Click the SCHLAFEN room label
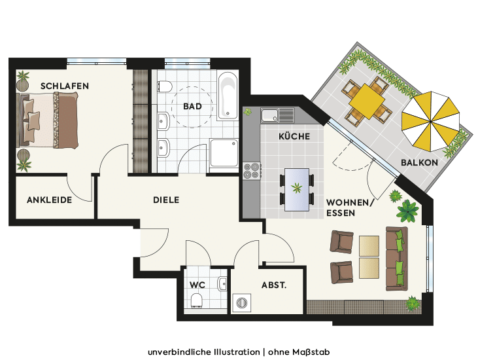65,86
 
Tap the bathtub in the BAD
228,96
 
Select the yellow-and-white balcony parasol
430,121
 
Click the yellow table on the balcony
367,101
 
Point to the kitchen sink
269,115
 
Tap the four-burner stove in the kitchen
252,171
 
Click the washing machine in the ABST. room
242,302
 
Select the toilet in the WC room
197,300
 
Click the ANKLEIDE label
50,200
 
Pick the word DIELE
166,200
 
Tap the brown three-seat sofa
397,259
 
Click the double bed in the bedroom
47,120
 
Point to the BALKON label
419,162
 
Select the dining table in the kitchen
297,189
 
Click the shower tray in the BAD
224,153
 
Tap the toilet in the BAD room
165,86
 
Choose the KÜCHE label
294,136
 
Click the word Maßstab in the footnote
311,352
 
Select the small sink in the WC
222,283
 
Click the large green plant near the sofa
407,211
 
